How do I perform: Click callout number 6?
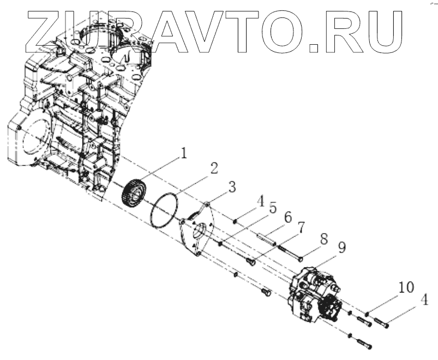tap(288, 217)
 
